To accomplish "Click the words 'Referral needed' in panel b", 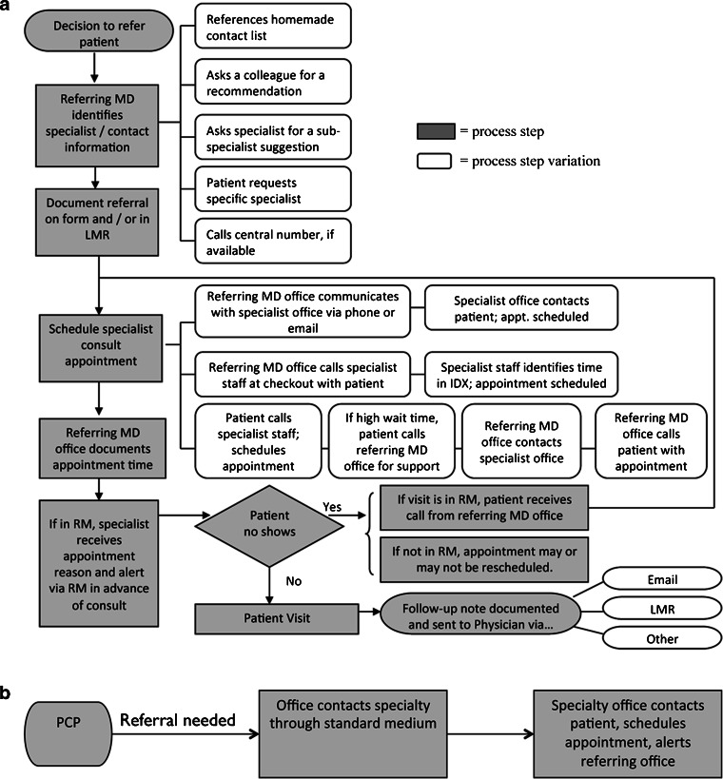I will (177, 721).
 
